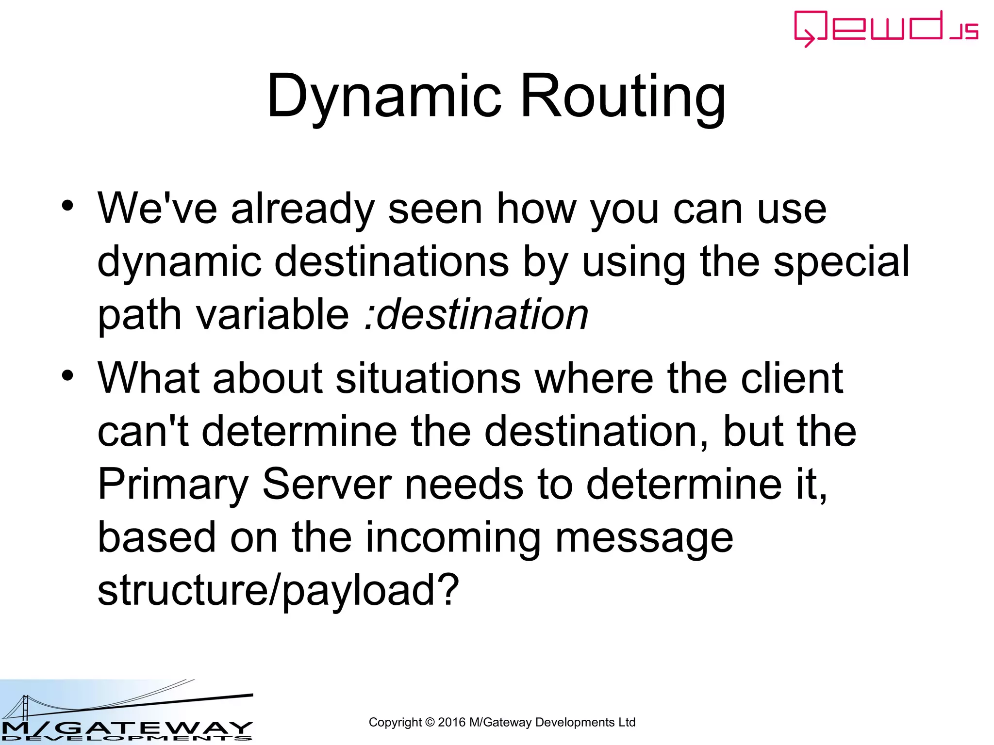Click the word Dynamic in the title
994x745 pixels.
coord(383,97)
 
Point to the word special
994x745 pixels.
coord(841,262)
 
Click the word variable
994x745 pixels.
coord(272,314)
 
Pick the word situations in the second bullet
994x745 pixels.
coord(428,378)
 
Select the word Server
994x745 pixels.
coord(327,484)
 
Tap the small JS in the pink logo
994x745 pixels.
coord(964,32)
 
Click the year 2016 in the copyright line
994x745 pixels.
coord(451,723)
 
